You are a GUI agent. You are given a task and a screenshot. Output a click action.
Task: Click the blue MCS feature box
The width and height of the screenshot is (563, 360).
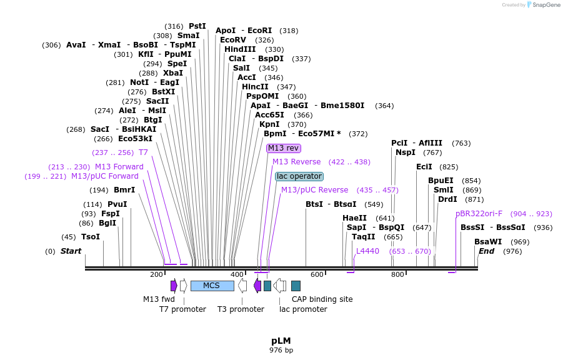[x=212, y=286]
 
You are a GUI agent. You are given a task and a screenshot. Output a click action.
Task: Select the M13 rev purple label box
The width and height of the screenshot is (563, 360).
[x=284, y=148]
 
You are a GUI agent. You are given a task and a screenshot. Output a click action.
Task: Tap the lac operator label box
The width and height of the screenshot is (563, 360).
[x=299, y=176]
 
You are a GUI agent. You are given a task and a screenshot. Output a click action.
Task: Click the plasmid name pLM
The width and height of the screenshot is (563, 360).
[x=281, y=341]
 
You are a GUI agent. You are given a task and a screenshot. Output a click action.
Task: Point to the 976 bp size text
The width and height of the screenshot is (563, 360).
[x=281, y=350]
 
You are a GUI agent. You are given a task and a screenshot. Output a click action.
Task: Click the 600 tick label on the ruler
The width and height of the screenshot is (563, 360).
[x=317, y=275]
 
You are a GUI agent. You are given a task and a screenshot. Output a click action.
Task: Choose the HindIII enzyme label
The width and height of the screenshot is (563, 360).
[x=240, y=49]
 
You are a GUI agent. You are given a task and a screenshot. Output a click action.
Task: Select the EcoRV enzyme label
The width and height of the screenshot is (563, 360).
[x=233, y=40]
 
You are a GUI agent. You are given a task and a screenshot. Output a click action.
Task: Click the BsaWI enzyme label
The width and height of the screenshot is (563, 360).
[x=488, y=242]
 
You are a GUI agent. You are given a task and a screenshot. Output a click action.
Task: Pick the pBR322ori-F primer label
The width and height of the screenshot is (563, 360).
[x=479, y=214]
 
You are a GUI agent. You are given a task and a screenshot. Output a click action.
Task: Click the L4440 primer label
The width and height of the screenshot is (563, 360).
[x=367, y=251]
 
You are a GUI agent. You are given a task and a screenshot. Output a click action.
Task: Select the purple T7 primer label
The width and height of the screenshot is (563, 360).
[x=143, y=152]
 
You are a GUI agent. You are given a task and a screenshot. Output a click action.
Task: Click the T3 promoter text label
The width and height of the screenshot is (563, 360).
[x=241, y=309]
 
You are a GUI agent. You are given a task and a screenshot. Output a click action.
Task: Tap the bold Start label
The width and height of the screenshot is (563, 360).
[x=71, y=251]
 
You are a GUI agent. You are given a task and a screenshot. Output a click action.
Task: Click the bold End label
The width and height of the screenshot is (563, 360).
[x=486, y=251]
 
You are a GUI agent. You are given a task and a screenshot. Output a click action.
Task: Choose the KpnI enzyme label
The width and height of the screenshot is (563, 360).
[x=269, y=124]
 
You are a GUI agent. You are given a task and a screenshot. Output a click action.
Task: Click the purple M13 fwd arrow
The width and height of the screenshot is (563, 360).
[x=174, y=286]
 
